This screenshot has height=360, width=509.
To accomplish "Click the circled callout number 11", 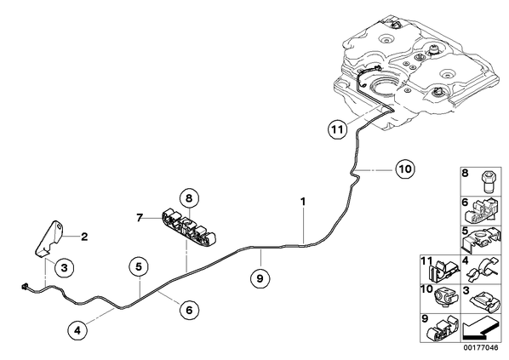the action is pos(337,129).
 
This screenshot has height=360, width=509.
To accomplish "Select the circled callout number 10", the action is pos(405,169).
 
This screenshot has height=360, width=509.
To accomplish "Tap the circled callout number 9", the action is pos(260,278).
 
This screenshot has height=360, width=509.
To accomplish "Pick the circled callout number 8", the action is pos(189,197).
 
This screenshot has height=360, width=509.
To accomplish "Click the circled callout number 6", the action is pos(189,310).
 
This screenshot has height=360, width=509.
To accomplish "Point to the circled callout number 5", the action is pos(139,267).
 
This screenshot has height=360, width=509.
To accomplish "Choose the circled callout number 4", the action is pos(77,330).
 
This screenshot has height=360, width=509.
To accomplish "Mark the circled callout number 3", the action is pos(65,268).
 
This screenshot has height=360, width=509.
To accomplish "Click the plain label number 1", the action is pos(303,202).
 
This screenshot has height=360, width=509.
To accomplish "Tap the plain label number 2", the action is pos(84,237).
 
